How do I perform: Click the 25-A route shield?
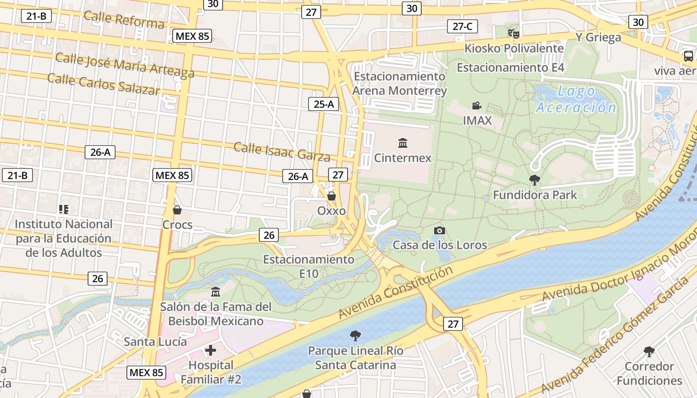[x=324, y=104]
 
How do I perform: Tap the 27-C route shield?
[x=463, y=26]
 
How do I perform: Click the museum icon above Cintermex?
[x=403, y=144]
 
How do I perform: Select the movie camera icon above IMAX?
[x=476, y=106]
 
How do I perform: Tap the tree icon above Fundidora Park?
[x=535, y=180]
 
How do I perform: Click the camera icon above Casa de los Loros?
[x=439, y=230]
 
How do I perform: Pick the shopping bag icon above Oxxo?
[x=332, y=197]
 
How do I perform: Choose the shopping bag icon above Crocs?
[x=177, y=210]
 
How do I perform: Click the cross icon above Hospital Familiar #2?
[x=211, y=350]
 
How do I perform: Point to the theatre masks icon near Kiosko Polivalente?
[x=514, y=34]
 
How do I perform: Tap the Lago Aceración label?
[x=576, y=99]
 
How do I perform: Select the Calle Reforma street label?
[x=123, y=19]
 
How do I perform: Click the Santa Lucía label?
[x=155, y=342]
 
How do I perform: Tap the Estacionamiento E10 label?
[x=309, y=266]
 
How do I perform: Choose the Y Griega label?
[x=598, y=37]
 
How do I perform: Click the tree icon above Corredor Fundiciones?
[x=649, y=352]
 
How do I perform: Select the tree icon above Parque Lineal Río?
[x=355, y=336]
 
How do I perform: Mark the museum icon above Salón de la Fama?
[x=216, y=292]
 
